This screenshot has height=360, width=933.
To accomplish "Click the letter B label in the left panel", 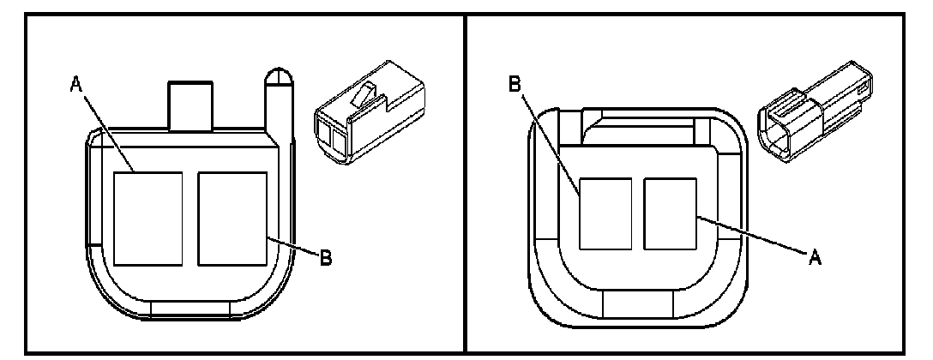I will tap(325, 256).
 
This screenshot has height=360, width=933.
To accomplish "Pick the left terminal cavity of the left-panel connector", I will tap(147, 218).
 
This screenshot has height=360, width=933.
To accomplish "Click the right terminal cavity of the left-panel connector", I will tap(232, 218).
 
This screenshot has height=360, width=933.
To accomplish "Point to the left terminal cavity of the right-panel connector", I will tap(606, 213).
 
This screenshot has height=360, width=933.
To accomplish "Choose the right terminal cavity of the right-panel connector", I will tap(671, 213).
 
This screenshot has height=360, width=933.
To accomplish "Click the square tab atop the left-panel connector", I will tap(189, 107).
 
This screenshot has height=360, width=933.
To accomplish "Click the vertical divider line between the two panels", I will tap(465, 180).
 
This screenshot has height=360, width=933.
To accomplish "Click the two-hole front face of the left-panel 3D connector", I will tap(334, 140).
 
